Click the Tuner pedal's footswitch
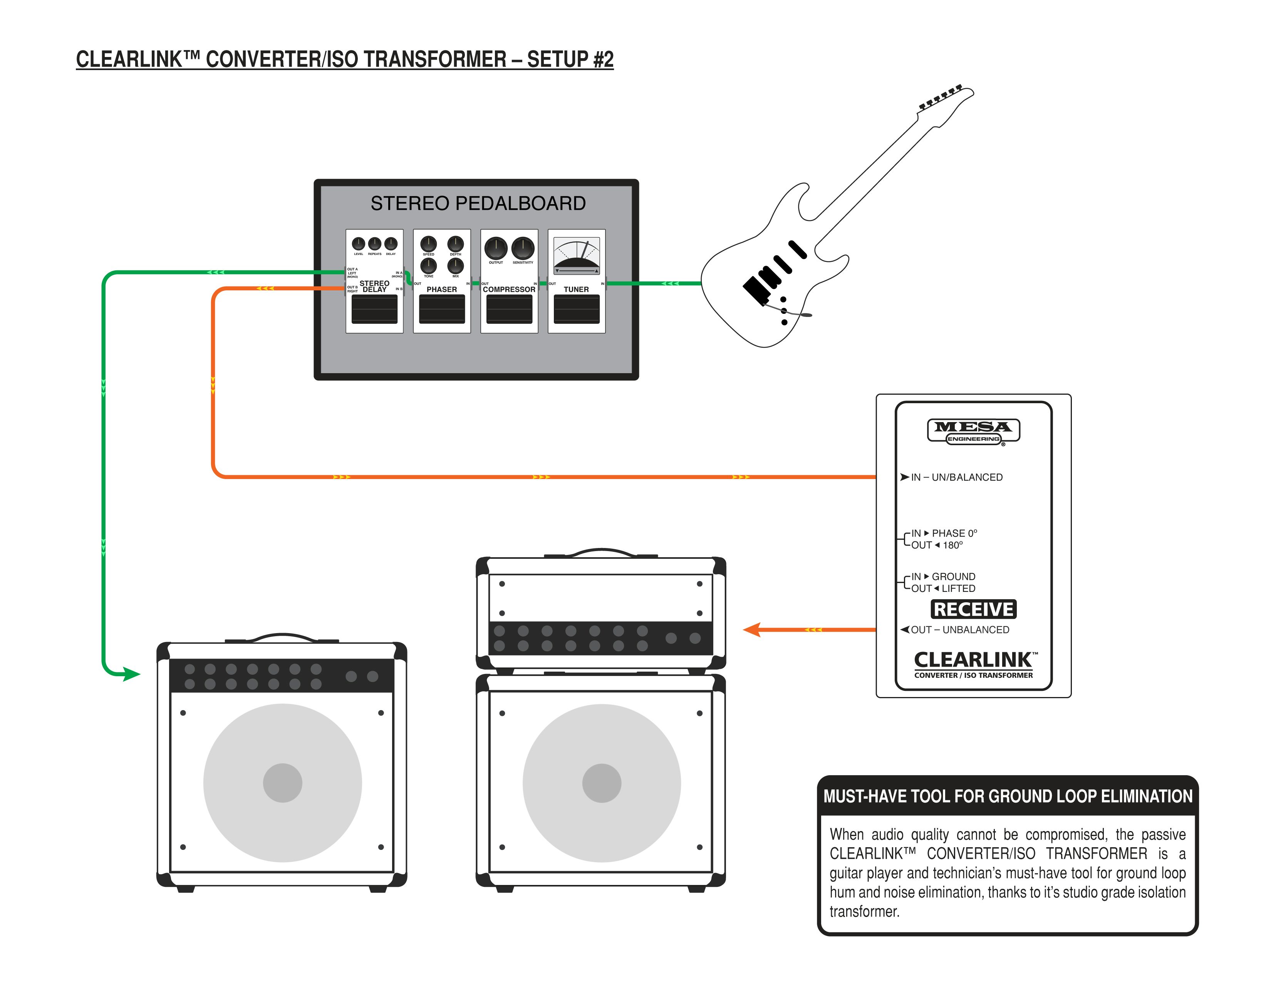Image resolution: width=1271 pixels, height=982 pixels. pos(576,309)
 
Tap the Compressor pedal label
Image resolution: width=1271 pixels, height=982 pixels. pos(509,289)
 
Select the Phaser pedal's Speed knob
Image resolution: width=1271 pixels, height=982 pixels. pos(428,244)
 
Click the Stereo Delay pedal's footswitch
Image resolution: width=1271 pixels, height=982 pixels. pos(374,309)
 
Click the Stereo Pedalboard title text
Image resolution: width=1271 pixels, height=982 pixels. pos(478,203)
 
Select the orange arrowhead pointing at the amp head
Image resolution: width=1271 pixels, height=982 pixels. pos(751,630)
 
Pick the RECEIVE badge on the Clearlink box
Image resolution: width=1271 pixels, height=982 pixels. pos(973,609)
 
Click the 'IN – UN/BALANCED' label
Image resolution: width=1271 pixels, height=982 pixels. pos(956,477)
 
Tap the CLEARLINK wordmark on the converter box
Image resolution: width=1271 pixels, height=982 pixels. pos(973,660)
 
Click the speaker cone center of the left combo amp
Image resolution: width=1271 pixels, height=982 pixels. pos(282,783)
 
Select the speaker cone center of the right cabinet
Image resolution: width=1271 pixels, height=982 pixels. pos(601,783)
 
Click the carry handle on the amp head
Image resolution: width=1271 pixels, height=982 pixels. pos(601,550)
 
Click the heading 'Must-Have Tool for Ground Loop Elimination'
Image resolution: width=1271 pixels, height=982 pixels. pos(1008,796)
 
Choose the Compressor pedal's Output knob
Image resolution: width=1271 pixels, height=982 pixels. pos(496,248)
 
